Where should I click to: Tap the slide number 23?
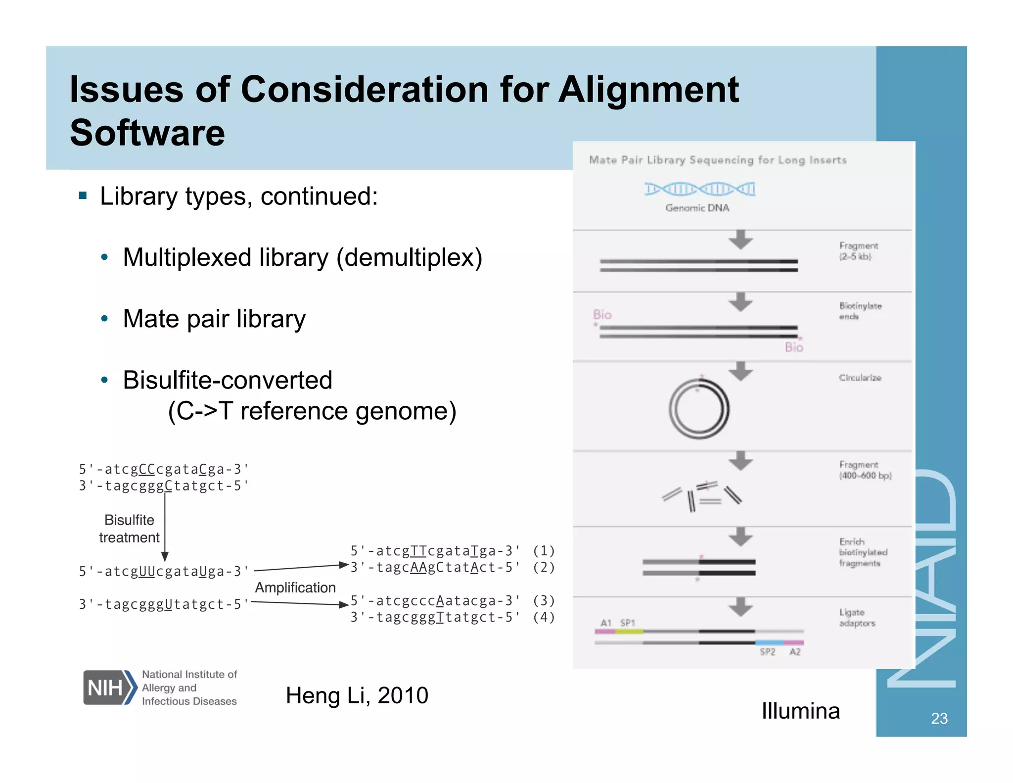939,718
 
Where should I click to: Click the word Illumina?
800,711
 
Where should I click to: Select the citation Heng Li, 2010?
357,695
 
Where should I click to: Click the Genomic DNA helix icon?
699,189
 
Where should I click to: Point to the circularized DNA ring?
699,409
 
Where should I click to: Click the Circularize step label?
860,378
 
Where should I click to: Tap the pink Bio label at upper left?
602,315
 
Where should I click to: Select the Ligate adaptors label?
857,618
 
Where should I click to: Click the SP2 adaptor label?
767,652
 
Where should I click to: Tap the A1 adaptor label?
606,623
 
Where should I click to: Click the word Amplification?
295,587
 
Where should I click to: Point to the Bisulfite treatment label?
129,529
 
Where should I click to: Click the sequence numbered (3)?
435,601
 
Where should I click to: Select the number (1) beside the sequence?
544,551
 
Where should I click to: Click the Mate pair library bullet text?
214,319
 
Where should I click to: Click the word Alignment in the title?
648,90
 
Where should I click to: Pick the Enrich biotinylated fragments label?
863,552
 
